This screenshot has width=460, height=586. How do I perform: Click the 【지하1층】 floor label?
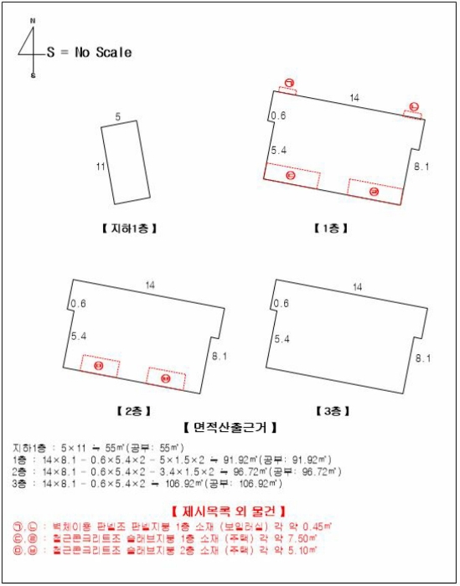(128, 229)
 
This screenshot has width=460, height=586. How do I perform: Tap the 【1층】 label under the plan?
(331, 229)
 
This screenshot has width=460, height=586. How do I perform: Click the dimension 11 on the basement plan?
(100, 167)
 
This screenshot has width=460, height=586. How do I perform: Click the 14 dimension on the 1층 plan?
(354, 99)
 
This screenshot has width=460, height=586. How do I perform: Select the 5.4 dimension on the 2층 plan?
(80, 336)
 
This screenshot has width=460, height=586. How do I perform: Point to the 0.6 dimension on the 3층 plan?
(282, 303)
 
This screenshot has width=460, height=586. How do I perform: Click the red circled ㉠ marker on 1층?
(288, 82)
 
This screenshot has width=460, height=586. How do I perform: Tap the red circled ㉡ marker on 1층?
(413, 106)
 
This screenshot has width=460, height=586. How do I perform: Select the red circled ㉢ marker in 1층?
(291, 176)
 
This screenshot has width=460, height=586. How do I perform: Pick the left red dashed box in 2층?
(100, 367)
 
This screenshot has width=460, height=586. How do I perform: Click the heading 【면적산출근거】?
(230, 427)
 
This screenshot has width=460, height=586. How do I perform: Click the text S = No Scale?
(90, 52)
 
